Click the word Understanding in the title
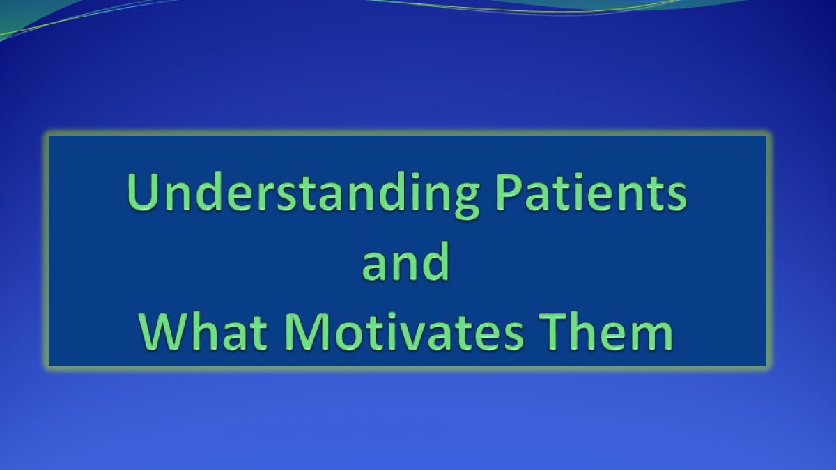click(x=302, y=196)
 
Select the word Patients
click(x=591, y=192)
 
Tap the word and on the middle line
click(x=405, y=261)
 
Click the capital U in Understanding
click(x=142, y=193)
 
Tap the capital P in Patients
click(x=509, y=192)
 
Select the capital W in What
click(x=164, y=331)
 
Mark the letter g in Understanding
click(x=463, y=202)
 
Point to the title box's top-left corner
click(x=49, y=135)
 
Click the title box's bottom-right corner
click(x=766, y=366)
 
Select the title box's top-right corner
click(x=766, y=135)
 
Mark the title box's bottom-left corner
click(x=49, y=366)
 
